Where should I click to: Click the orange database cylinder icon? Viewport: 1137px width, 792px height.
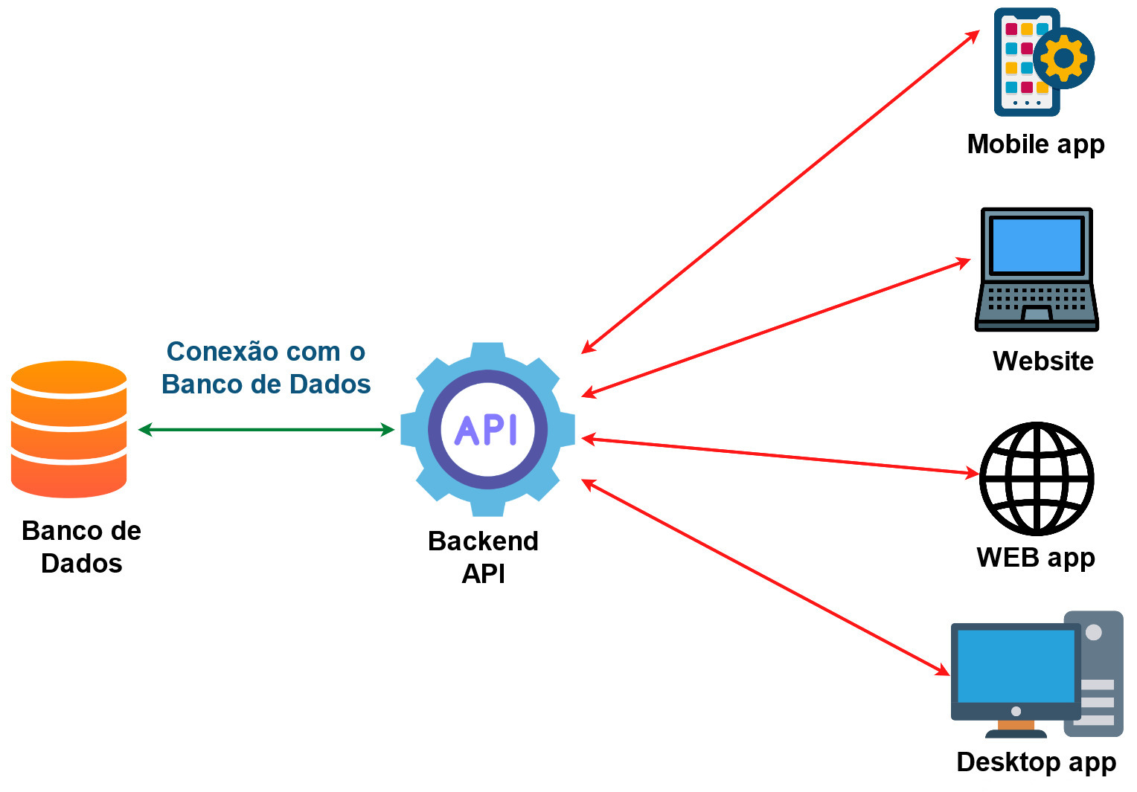[x=68, y=429]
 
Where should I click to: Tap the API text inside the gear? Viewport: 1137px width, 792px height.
[x=487, y=430]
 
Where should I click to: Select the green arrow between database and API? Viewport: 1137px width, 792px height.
[x=266, y=429]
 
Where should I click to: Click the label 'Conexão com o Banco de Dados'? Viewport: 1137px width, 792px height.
[x=266, y=367]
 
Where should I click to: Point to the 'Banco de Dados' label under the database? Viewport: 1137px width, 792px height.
[x=81, y=547]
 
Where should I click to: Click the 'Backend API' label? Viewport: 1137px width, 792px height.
[x=483, y=557]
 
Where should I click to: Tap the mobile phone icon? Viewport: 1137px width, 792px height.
[x=1025, y=63]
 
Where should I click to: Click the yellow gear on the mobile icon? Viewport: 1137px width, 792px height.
[x=1064, y=58]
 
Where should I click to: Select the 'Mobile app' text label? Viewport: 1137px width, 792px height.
[x=1035, y=144]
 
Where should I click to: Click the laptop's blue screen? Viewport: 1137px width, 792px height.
[x=1037, y=245]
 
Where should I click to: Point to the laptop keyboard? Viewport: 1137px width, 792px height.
[x=1037, y=297]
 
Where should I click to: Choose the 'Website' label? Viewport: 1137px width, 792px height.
[x=1042, y=361]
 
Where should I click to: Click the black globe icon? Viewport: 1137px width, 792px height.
[x=1036, y=478]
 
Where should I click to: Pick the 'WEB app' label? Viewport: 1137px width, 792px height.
[x=1035, y=557]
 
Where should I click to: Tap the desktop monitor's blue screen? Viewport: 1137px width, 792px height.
[x=1015, y=666]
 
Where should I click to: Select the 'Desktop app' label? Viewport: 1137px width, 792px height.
[x=1036, y=762]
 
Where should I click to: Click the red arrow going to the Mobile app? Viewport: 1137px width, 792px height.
[x=781, y=192]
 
